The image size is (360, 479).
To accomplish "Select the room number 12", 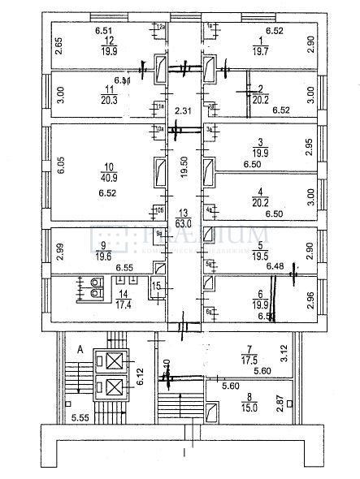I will coord(103,39).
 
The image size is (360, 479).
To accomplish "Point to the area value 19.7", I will coord(260,50).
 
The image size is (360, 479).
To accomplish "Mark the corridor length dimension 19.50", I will coord(185,162).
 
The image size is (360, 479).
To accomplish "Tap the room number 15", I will coord(158,285).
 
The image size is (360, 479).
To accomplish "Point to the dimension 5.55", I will coord(79,417).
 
